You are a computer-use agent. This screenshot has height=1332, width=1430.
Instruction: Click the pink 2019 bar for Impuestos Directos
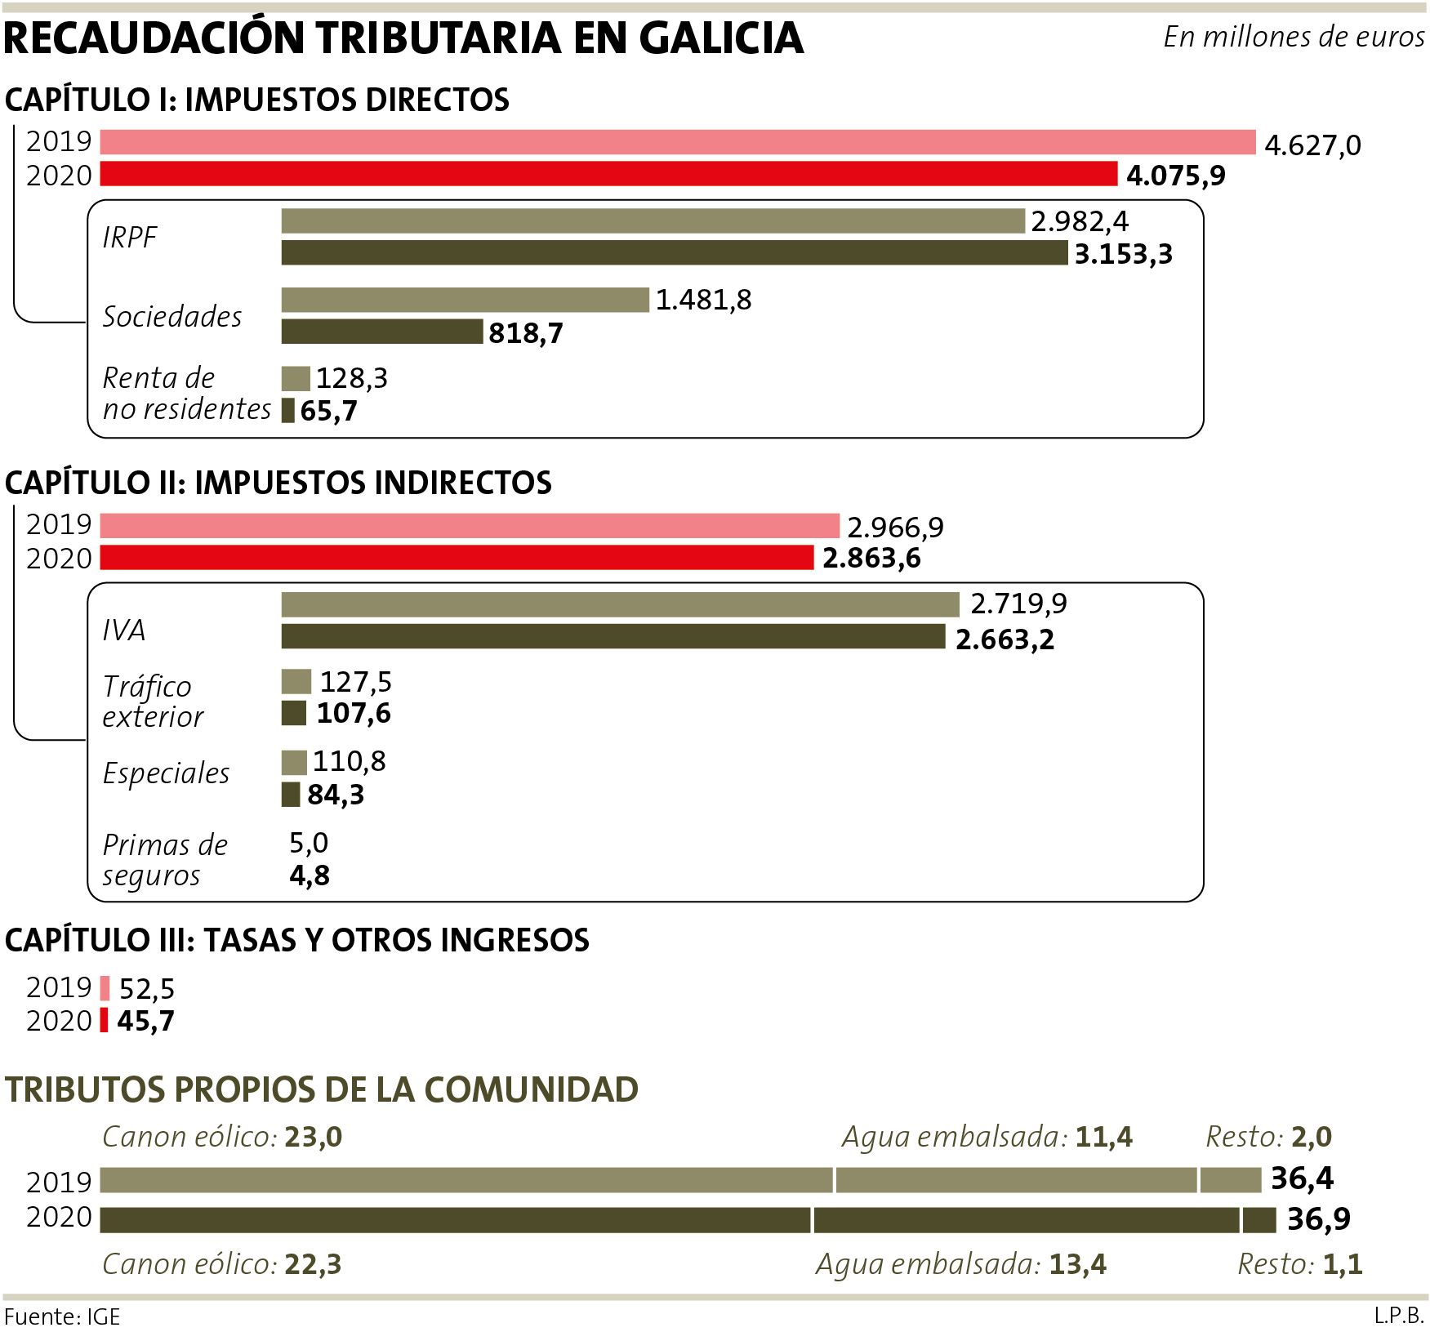pyautogui.click(x=678, y=142)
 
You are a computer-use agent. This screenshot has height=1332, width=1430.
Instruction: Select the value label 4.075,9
pyautogui.click(x=1175, y=176)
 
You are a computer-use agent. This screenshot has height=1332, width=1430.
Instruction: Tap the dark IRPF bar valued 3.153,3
pyautogui.click(x=674, y=253)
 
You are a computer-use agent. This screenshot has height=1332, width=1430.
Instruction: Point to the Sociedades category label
pyautogui.click(x=172, y=317)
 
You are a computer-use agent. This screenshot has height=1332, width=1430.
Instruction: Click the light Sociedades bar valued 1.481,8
pyautogui.click(x=465, y=300)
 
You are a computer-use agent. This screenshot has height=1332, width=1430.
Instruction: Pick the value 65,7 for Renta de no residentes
pyautogui.click(x=328, y=411)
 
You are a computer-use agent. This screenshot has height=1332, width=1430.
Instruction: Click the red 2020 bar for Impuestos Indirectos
pyautogui.click(x=457, y=559)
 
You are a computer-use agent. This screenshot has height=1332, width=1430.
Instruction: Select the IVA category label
pyautogui.click(x=123, y=630)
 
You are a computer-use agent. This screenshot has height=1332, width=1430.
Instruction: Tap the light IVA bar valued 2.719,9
pyautogui.click(x=620, y=605)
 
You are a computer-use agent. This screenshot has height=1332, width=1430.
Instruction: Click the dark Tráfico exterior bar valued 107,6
pyautogui.click(x=294, y=714)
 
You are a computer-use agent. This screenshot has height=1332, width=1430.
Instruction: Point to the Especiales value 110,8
pyautogui.click(x=350, y=762)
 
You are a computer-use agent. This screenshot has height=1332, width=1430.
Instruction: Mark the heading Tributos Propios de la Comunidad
pyautogui.click(x=322, y=1090)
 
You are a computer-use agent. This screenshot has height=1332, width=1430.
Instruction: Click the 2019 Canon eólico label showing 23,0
pyautogui.click(x=221, y=1137)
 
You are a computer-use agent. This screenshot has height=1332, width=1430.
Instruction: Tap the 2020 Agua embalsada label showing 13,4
pyautogui.click(x=960, y=1264)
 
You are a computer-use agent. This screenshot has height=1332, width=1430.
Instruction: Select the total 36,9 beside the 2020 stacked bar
pyautogui.click(x=1318, y=1219)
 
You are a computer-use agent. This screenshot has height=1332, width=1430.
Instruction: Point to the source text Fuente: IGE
pyautogui.click(x=62, y=1316)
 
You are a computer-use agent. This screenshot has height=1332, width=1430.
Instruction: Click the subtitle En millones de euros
pyautogui.click(x=1293, y=38)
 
